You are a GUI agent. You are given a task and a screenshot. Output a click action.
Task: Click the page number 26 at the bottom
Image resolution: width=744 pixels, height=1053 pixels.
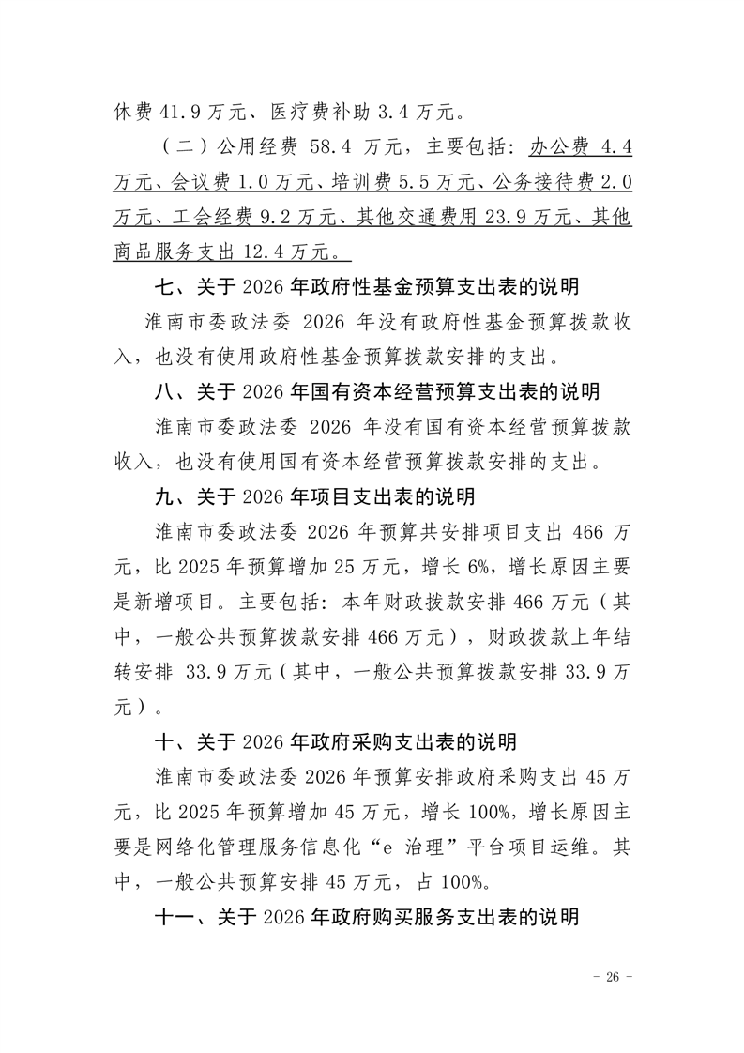tap(614, 977)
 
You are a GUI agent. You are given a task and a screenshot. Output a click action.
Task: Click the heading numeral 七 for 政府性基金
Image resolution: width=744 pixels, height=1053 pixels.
tap(165, 286)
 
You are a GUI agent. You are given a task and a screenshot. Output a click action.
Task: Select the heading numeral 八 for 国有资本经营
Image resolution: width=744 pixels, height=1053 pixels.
tap(165, 391)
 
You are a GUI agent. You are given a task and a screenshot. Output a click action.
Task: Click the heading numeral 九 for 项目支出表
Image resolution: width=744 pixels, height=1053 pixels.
tap(165, 496)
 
